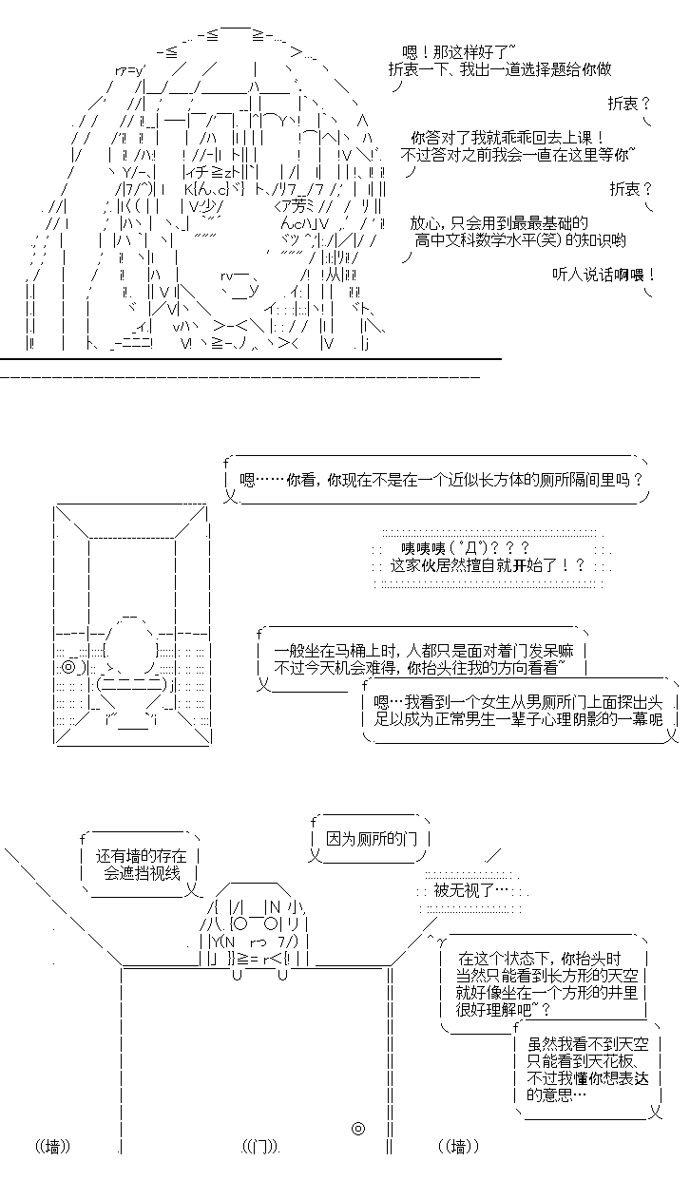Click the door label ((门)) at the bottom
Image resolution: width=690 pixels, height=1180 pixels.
pyautogui.click(x=261, y=1146)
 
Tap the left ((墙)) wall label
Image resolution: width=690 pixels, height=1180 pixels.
pyautogui.click(x=53, y=1146)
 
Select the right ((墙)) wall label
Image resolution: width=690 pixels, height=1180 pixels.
pyautogui.click(x=458, y=1146)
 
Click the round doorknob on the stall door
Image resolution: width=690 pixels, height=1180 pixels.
pyautogui.click(x=358, y=1128)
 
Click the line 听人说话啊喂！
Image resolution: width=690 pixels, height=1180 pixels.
pyautogui.click(x=604, y=275)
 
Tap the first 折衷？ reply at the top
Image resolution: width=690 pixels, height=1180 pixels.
pyautogui.click(x=629, y=104)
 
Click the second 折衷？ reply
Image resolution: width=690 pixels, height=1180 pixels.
pyautogui.click(x=631, y=188)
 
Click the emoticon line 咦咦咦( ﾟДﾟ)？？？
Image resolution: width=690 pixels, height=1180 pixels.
pyautogui.click(x=465, y=548)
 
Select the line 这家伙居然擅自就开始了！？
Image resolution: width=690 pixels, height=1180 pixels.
pyautogui.click(x=488, y=565)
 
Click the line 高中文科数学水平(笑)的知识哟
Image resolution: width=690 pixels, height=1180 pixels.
pyautogui.click(x=520, y=240)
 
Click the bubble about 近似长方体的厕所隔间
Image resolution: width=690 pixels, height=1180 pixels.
pyautogui.click(x=436, y=480)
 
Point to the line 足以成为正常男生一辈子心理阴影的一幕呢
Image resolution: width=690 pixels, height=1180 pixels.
pyautogui.click(x=518, y=719)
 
